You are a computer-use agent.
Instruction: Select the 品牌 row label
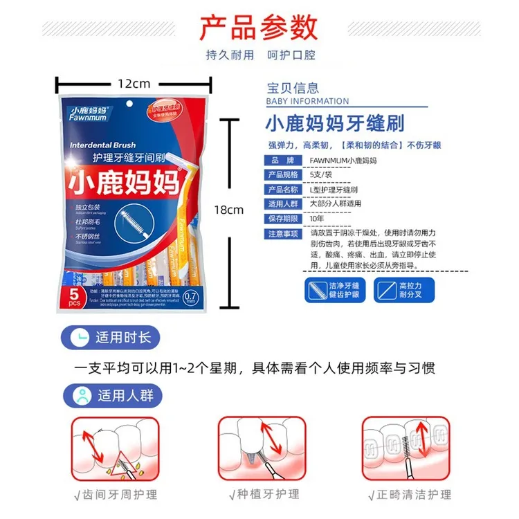(x=282, y=160)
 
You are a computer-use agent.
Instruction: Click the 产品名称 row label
(x=282, y=189)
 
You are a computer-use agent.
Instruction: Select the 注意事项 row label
(x=282, y=233)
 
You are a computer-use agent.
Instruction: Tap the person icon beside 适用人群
(x=82, y=396)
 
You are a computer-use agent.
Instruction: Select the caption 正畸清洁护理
(x=411, y=494)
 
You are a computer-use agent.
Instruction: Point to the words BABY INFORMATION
(x=307, y=101)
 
